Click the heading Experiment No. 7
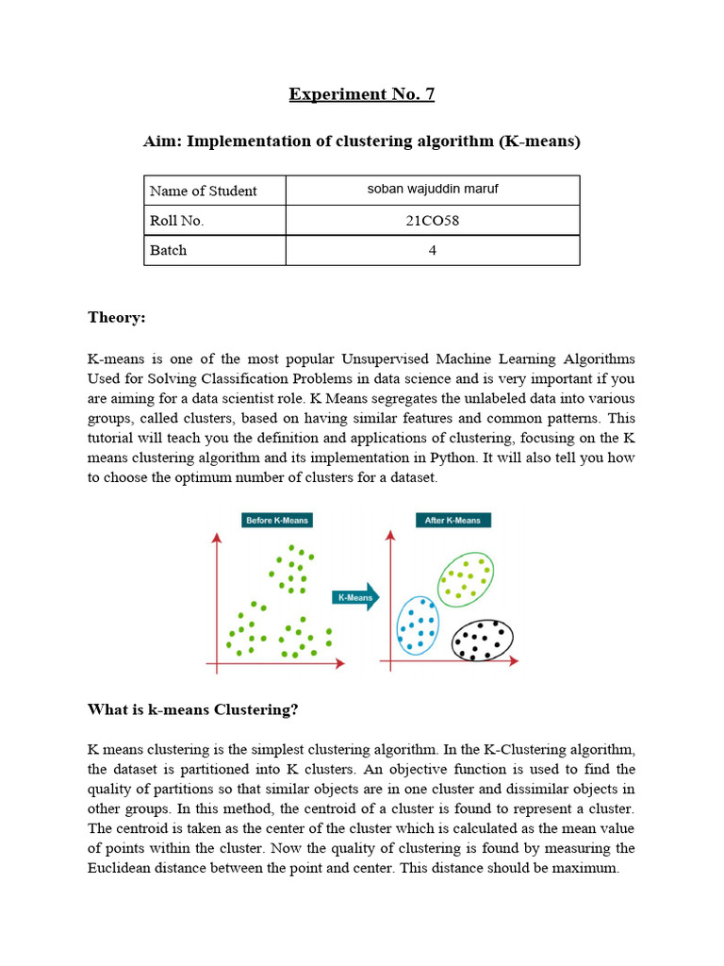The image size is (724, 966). coord(361,94)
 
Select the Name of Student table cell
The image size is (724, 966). coord(214,191)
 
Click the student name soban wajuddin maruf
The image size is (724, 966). coord(433,190)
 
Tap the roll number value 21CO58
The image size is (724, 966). coord(433,221)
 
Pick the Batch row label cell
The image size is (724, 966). coord(214,250)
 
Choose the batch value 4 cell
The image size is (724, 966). coord(433,250)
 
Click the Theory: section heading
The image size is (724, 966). coord(117,318)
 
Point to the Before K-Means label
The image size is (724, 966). coord(276,520)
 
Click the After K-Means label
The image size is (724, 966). coord(452,520)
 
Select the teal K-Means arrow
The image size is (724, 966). coord(356,597)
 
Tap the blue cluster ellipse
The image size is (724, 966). coord(418,625)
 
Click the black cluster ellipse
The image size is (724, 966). coord(483,641)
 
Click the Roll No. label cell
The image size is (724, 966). coord(214,221)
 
